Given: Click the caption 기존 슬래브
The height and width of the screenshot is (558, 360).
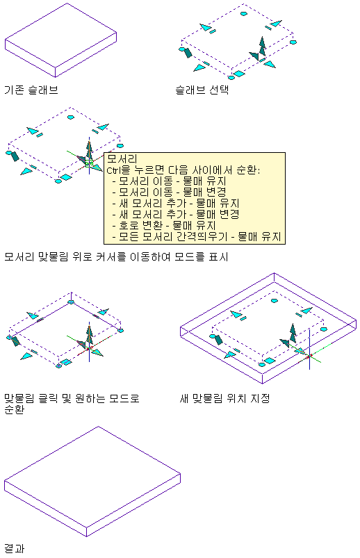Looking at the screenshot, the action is (x=31, y=90).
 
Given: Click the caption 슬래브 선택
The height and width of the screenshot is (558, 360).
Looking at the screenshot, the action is (x=202, y=90).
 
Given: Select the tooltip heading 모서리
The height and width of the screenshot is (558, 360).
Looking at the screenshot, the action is (x=122, y=158).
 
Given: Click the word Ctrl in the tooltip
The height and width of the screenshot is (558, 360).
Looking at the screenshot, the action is (x=113, y=170).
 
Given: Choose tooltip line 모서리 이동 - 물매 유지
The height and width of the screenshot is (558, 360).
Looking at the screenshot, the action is (x=170, y=181).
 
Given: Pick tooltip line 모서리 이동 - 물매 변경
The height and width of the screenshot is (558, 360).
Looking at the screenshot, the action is (x=170, y=192).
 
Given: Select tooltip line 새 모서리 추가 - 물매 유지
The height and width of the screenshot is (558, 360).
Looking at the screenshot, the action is (x=176, y=203).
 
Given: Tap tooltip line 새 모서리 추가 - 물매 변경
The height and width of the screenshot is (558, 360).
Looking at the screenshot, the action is (x=176, y=214).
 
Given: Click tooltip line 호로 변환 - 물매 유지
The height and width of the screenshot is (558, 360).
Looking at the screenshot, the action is (x=164, y=225).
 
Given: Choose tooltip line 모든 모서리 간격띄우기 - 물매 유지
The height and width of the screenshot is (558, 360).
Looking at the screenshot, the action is (x=197, y=236).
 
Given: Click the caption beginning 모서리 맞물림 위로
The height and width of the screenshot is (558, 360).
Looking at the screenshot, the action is (x=116, y=256).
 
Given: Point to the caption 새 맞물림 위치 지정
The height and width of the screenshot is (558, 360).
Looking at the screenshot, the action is (x=224, y=398).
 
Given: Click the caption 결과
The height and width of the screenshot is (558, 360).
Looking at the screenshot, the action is (x=14, y=548).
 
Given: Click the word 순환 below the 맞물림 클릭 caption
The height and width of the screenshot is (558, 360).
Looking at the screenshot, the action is (x=14, y=409).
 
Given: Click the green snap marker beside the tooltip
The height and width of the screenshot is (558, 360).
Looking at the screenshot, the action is (x=89, y=163).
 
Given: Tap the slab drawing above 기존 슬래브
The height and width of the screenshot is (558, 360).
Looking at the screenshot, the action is (x=61, y=40).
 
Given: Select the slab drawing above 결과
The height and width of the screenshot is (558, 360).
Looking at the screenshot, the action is (x=92, y=481).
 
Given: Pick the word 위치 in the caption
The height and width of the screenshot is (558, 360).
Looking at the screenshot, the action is (x=236, y=398).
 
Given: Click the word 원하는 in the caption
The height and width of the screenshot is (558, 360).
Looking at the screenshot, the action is (x=90, y=398).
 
